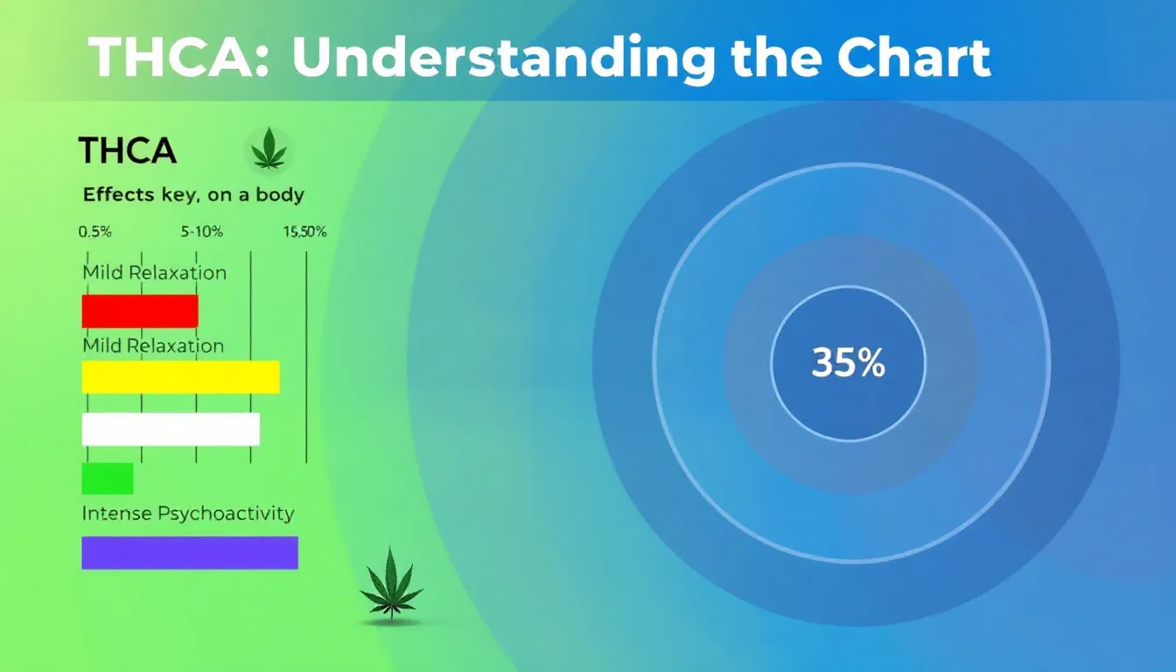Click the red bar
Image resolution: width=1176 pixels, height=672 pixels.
point(140,311)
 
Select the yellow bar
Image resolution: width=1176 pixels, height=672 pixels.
point(180,376)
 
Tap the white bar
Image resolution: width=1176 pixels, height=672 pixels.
point(171,430)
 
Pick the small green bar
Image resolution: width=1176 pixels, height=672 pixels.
point(108,479)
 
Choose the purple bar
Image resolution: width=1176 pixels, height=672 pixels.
point(190,553)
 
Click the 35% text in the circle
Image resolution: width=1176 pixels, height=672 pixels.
point(848,362)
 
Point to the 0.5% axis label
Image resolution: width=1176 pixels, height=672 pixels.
point(94,233)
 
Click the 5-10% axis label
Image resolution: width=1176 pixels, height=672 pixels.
point(202,233)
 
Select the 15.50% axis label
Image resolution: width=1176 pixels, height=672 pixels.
point(304,233)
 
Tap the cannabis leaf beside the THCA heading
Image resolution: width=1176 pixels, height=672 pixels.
point(269,149)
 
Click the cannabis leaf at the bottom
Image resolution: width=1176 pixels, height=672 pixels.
point(391,584)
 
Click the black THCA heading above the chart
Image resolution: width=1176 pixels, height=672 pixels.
point(128,151)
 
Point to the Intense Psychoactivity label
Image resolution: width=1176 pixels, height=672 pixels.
point(188,514)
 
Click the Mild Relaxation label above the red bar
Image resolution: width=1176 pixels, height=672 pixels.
point(155,272)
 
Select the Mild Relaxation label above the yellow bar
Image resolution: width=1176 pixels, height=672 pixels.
point(153,346)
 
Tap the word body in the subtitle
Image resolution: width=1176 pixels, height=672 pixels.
point(280,194)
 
